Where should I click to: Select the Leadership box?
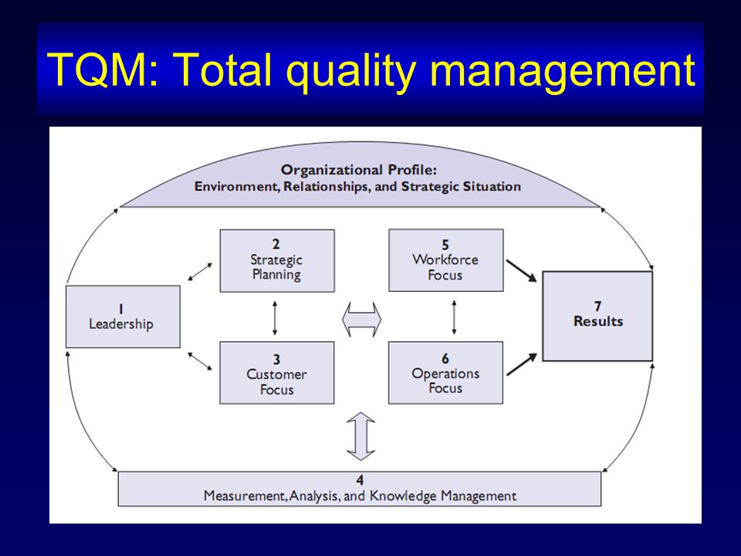click(x=123, y=317)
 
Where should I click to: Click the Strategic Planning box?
click(x=277, y=260)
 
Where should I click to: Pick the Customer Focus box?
click(x=277, y=372)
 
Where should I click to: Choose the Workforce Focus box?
click(x=446, y=260)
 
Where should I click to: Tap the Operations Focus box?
click(x=445, y=372)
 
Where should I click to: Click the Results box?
click(x=597, y=316)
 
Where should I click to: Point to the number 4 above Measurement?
click(x=360, y=480)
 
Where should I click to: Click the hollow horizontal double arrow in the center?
click(x=361, y=320)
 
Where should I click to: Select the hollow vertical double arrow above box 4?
click(x=360, y=436)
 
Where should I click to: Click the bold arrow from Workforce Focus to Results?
click(x=522, y=271)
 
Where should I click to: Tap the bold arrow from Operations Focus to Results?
click(x=522, y=364)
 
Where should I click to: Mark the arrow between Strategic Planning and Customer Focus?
click(x=275, y=317)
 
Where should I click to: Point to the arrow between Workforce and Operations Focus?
click(x=454, y=317)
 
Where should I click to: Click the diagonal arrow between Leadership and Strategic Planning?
click(x=201, y=272)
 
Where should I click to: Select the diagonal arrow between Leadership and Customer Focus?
click(x=200, y=361)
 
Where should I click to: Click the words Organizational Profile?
click(x=359, y=170)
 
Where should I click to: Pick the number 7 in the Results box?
click(x=597, y=307)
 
